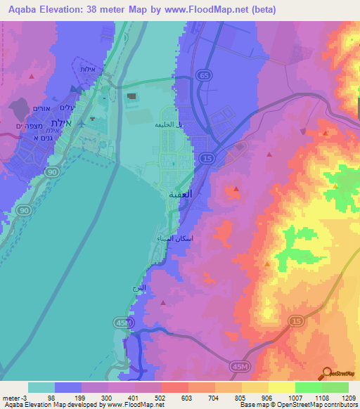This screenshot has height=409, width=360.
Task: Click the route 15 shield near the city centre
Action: (x=207, y=160)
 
